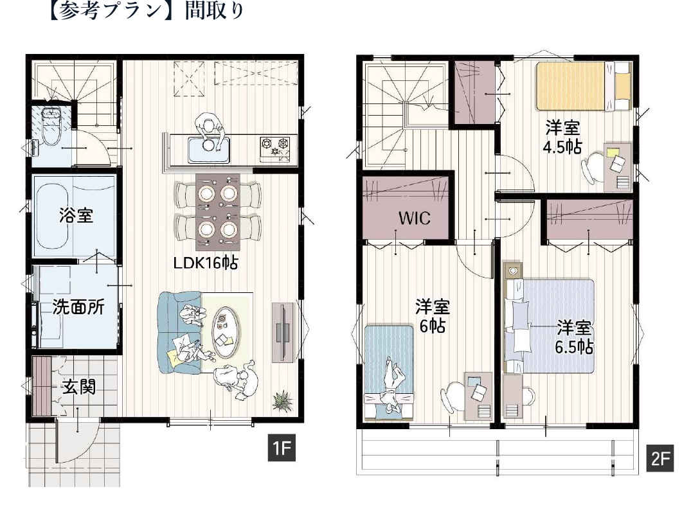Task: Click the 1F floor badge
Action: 281,448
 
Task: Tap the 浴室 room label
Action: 76,215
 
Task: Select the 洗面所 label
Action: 78,307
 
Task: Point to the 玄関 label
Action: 79,387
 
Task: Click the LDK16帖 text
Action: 205,263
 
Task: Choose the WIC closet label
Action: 414,218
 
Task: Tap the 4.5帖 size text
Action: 562,146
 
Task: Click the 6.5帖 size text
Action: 573,347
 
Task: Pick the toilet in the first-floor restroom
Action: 51,125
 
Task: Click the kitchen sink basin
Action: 209,150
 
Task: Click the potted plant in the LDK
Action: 282,401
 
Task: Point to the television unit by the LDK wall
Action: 282,332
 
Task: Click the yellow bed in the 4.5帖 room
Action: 584,86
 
